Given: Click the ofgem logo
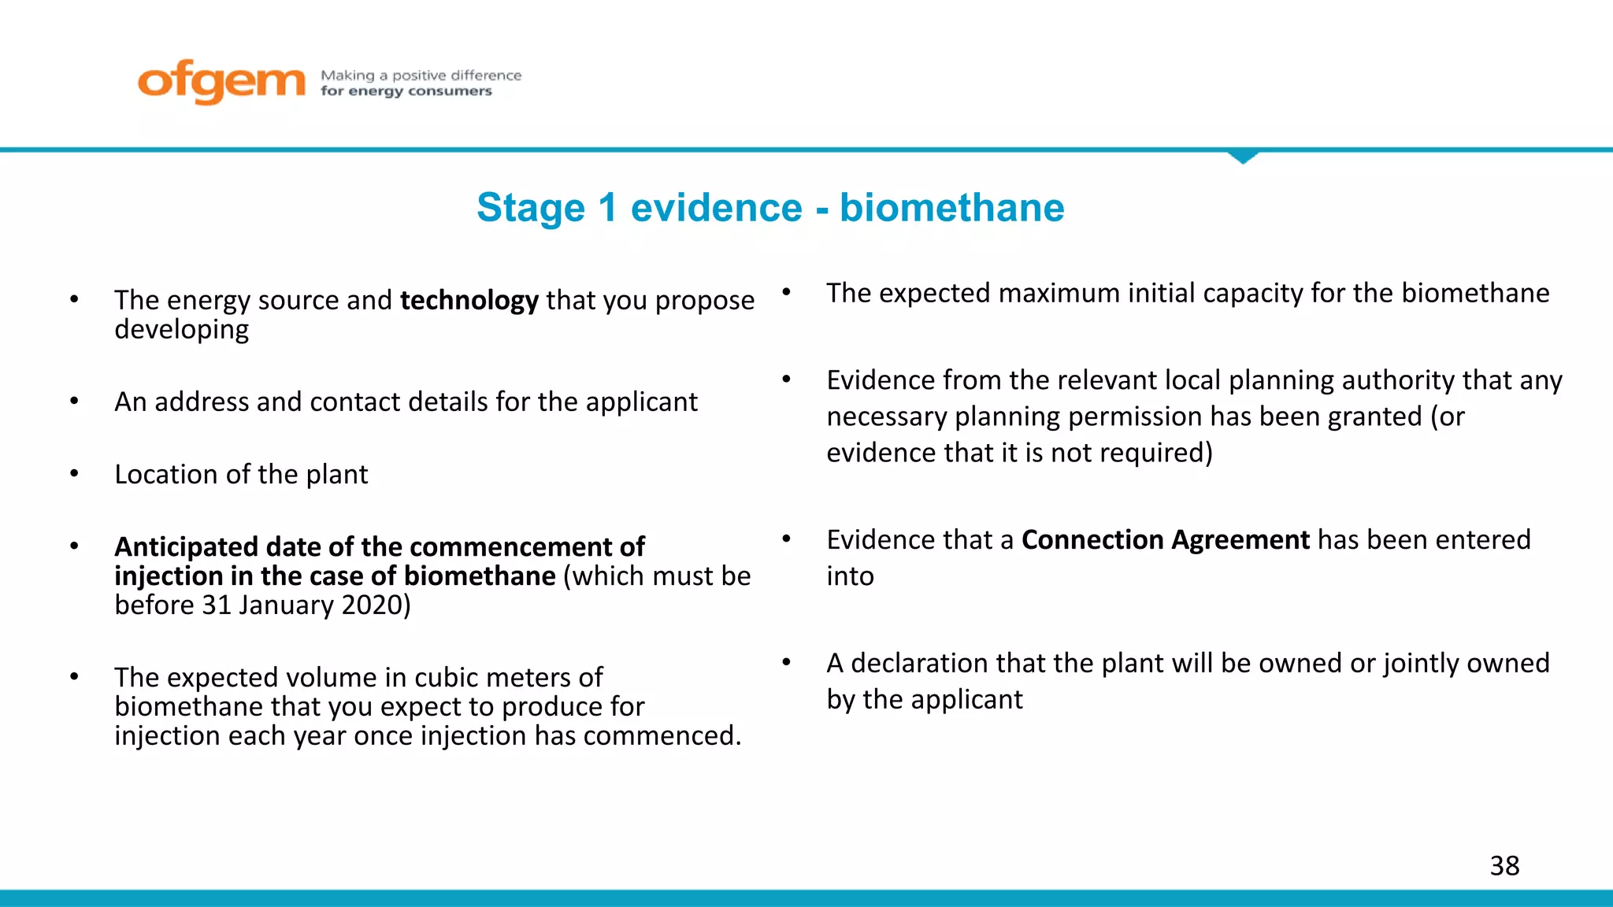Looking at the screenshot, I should coord(221,81).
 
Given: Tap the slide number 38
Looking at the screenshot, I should coord(1504,866).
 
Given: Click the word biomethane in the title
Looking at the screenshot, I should coord(951,208).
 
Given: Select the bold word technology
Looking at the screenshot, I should coord(469,301).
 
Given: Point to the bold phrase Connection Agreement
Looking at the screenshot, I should coord(1165,540).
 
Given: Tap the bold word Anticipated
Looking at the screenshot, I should coord(186,547).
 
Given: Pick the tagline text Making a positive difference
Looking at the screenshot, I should coord(421,76).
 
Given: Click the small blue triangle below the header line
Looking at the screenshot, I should coord(1243,157).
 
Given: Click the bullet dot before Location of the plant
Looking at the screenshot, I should coord(74,474).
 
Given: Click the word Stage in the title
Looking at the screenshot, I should coord(531,208).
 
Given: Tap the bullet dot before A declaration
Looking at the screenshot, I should coord(786,662).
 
